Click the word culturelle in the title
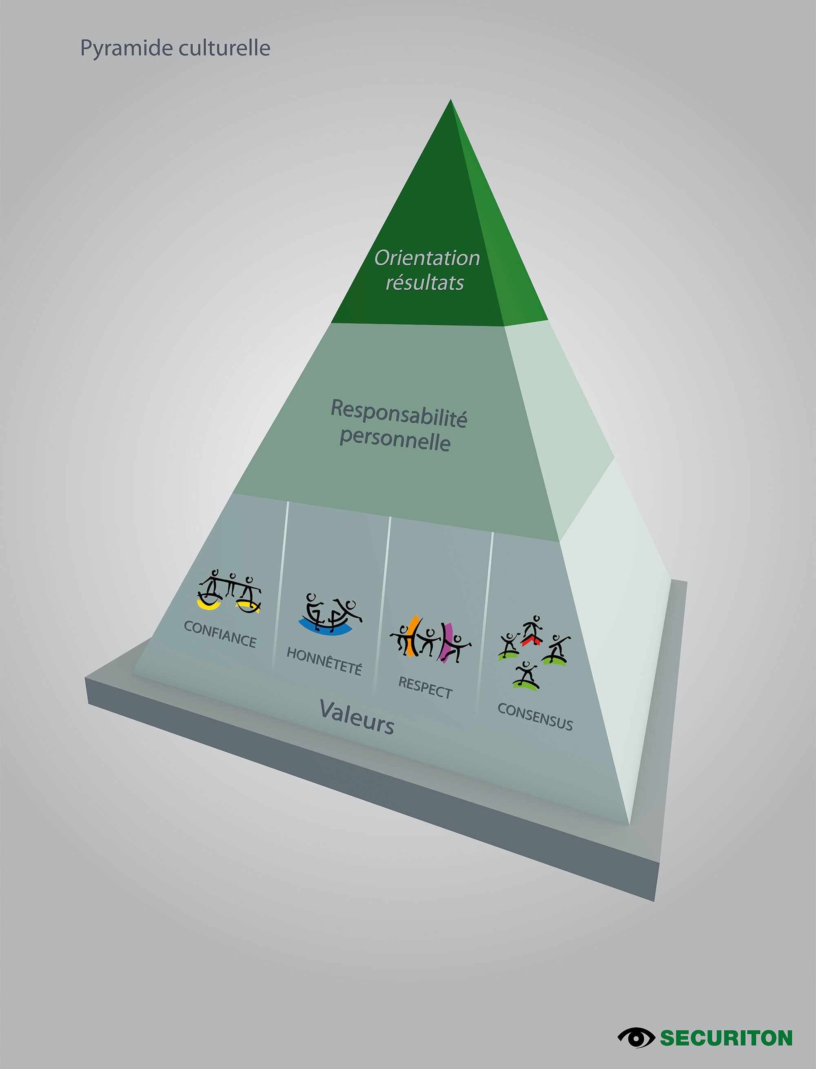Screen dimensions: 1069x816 (x=224, y=48)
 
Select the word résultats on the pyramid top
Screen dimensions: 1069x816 (x=425, y=283)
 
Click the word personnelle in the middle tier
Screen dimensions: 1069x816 (x=395, y=439)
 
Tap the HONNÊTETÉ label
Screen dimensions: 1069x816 (x=324, y=661)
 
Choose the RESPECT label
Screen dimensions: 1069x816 (x=426, y=688)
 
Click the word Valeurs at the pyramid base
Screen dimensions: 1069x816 (x=357, y=717)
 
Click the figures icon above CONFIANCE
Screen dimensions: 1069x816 (x=230, y=591)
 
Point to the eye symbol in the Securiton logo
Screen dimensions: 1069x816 (x=636, y=1038)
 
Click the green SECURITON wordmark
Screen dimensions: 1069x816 (x=726, y=1038)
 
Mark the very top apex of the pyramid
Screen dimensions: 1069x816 (x=450, y=100)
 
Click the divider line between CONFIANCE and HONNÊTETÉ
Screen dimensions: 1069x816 (x=281, y=583)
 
